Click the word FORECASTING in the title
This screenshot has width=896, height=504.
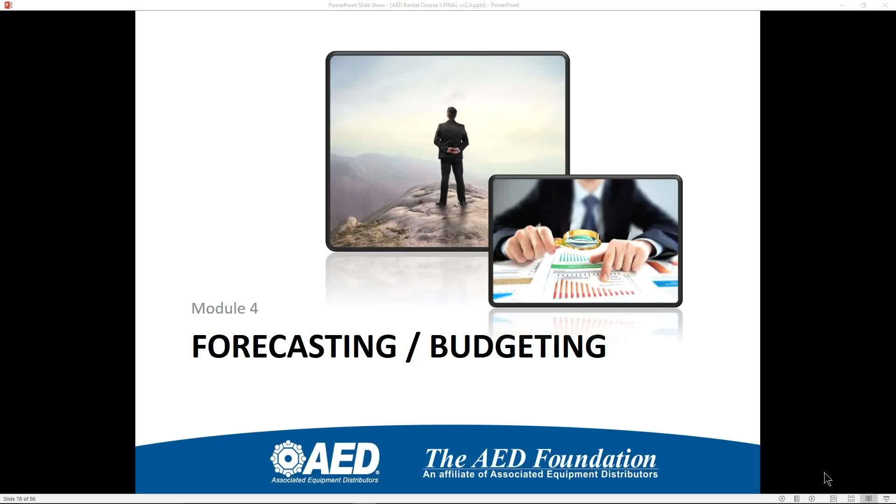point(294,346)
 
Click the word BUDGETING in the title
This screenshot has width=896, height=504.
point(518,346)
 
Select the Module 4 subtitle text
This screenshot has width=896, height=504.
point(224,308)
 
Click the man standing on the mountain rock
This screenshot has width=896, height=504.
point(451,156)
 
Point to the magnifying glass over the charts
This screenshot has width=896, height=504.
point(578,240)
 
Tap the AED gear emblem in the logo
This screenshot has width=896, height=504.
point(288,458)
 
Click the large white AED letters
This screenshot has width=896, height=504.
point(343,459)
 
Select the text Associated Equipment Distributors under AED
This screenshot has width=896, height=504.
point(325,480)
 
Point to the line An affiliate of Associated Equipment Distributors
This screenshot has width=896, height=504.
point(540,475)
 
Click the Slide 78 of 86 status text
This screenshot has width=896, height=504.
point(19,499)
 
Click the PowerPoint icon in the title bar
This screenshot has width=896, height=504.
point(8,5)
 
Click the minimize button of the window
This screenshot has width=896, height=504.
point(842,5)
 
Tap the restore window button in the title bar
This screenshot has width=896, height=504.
point(864,5)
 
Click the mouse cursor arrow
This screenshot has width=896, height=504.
point(828,479)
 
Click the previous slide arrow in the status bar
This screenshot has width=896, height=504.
point(782,499)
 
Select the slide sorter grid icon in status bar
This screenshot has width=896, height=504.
point(851,499)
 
